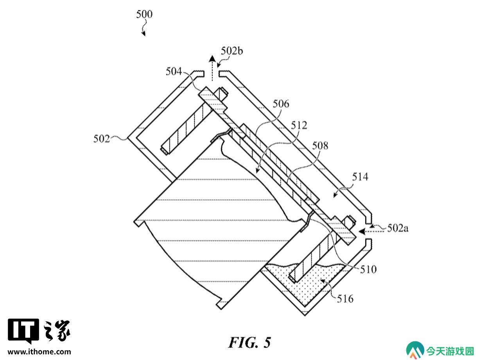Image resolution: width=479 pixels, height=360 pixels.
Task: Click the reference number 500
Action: (144, 14)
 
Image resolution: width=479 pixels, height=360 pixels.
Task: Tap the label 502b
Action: (232, 51)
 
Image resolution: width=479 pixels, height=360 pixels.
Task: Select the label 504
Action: (174, 72)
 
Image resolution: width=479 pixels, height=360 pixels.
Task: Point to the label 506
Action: (281, 104)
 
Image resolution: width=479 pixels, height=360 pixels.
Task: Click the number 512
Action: (299, 125)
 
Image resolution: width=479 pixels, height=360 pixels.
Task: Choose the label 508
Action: (320, 146)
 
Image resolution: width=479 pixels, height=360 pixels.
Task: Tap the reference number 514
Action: (360, 177)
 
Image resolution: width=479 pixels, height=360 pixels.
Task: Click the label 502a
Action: (398, 229)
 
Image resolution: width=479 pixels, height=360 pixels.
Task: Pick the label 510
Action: (368, 269)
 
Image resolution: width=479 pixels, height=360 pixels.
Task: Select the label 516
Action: (345, 299)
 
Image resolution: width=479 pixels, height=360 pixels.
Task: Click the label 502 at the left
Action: (102, 139)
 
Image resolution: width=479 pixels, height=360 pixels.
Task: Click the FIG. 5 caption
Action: (249, 342)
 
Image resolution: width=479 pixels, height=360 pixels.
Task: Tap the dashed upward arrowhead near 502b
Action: (212, 59)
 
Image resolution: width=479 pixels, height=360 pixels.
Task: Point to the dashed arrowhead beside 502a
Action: (362, 231)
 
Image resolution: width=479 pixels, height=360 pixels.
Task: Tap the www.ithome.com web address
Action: (39, 352)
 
